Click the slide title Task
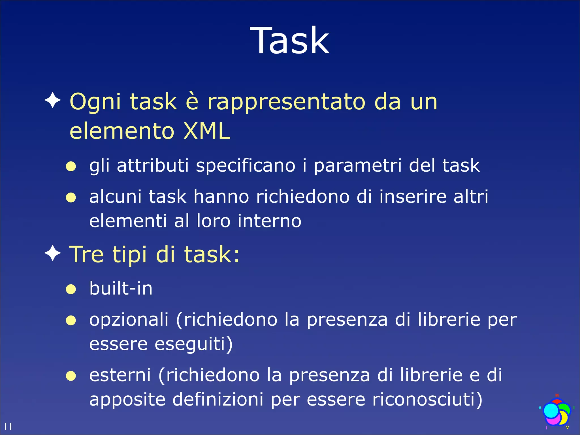click(290, 40)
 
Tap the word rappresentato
click(286, 102)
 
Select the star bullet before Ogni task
click(53, 100)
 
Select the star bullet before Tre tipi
click(53, 253)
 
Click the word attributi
click(153, 165)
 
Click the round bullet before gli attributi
click(71, 167)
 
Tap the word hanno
click(221, 197)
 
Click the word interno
click(269, 221)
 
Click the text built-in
click(121, 288)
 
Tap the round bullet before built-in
click(71, 289)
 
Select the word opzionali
click(129, 320)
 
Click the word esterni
click(120, 375)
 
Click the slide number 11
click(8, 427)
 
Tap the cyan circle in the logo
click(551, 411)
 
